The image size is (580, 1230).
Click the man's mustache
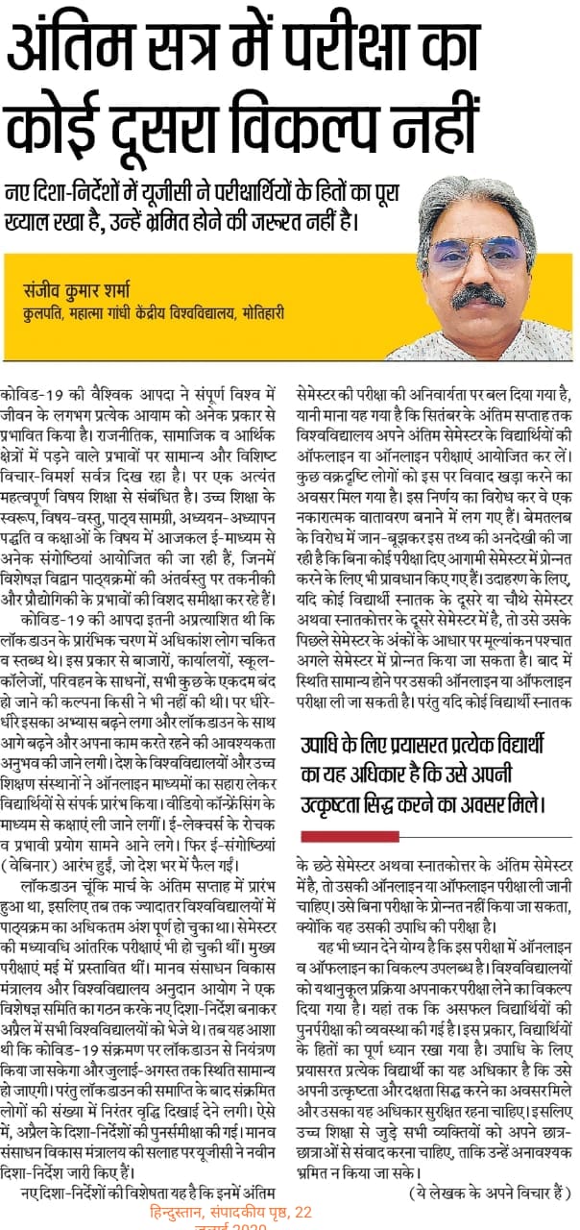click(477, 294)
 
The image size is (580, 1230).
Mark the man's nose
click(478, 273)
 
